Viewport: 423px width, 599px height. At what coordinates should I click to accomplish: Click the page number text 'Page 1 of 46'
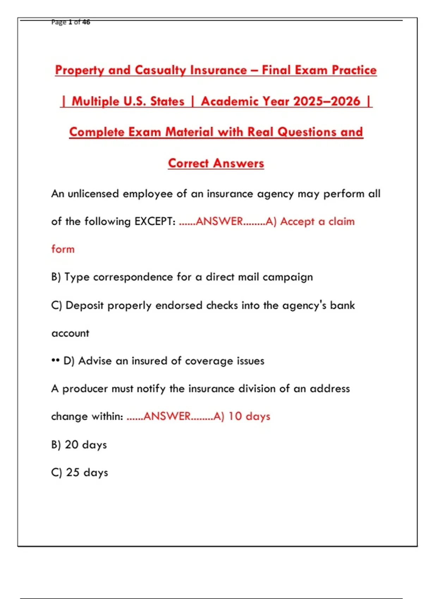[70, 22]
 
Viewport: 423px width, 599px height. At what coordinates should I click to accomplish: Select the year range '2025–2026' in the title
[327, 101]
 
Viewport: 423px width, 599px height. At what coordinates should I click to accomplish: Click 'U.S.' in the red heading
[134, 101]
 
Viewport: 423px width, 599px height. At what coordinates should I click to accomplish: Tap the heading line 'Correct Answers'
[216, 163]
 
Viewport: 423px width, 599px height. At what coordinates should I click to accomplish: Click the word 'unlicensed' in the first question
[93, 194]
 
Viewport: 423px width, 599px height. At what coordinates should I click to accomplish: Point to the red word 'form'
[63, 249]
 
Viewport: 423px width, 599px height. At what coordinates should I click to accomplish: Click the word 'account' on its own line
[70, 333]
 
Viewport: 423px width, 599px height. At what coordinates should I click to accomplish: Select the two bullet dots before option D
[55, 361]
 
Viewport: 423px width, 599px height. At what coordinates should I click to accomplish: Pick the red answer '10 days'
[249, 416]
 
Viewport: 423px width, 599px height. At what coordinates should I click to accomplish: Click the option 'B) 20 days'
[79, 445]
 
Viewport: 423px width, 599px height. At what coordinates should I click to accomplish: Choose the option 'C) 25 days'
[80, 473]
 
